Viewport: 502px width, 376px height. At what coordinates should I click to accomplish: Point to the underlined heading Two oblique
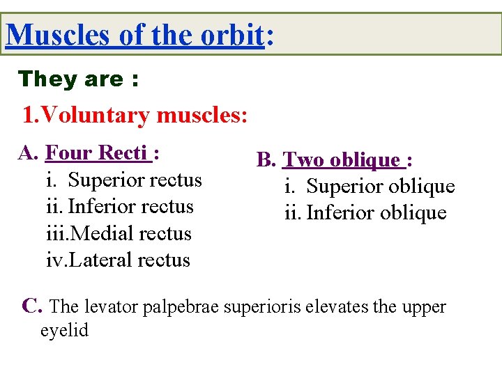(x=342, y=160)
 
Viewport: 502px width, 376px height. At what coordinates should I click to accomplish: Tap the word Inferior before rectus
(x=102, y=207)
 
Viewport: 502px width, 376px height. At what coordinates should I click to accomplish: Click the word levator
(x=112, y=306)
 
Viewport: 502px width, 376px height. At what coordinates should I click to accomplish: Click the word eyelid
(x=64, y=330)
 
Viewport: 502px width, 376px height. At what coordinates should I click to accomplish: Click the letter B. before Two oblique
(x=266, y=160)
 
